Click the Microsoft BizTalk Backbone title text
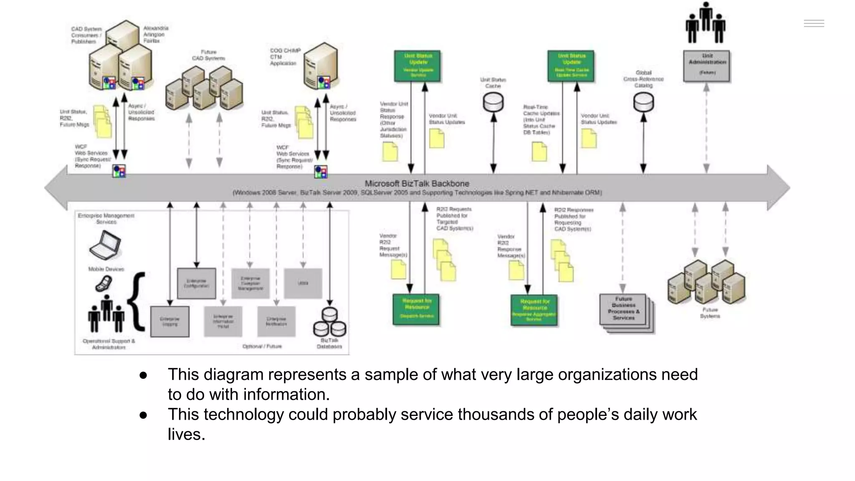click(x=417, y=183)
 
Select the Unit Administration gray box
click(x=706, y=66)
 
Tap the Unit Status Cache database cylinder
click(x=493, y=102)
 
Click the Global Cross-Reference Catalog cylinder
click(x=643, y=102)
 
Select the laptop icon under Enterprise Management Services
click(x=105, y=246)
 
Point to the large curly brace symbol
click(x=137, y=301)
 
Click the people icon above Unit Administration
click(x=705, y=23)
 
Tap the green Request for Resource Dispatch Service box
click(x=416, y=309)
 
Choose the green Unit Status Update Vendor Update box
click(x=417, y=66)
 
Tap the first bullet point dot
click(x=143, y=375)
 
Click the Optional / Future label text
click(x=262, y=346)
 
